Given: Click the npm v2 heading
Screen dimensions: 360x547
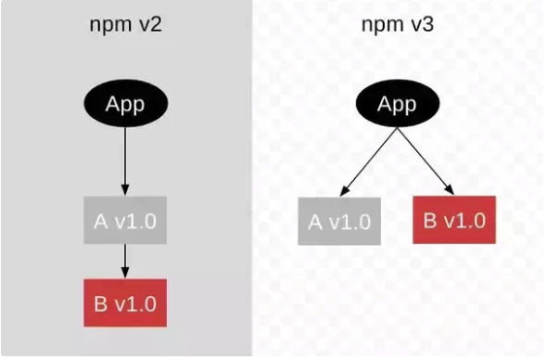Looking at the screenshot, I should click(124, 25).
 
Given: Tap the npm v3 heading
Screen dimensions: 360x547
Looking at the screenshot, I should click(397, 25).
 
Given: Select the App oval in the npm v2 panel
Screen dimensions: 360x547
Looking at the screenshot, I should click(124, 103).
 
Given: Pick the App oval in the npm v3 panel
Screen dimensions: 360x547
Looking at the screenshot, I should click(397, 103).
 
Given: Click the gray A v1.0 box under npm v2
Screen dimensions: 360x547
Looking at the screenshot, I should click(124, 220).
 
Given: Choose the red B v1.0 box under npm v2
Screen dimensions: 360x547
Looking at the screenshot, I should click(124, 302).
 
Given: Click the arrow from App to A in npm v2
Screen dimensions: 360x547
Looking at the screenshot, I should click(124, 158).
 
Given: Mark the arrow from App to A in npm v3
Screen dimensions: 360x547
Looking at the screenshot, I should click(367, 160).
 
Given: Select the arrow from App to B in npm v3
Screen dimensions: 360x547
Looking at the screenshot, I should click(426, 160).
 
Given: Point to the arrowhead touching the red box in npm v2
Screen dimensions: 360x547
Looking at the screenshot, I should click(124, 273).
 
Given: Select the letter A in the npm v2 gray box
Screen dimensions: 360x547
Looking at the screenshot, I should click(101, 220).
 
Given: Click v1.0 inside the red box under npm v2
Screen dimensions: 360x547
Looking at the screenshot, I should click(135, 302).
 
